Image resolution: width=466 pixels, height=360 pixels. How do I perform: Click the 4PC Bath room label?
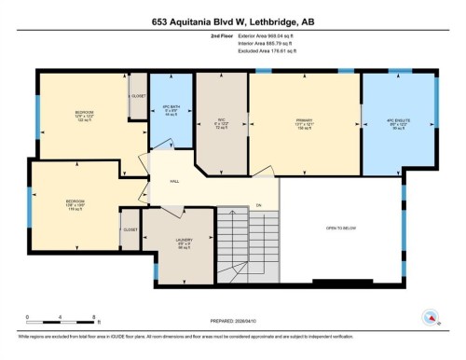pos(170,109)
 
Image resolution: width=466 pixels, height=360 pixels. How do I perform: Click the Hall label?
pos(173,181)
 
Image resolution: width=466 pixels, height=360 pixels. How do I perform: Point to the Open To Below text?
pos(342,228)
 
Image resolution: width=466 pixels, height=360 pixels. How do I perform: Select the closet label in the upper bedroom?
pos(138,95)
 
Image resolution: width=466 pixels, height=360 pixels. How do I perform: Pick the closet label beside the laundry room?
pos(130,229)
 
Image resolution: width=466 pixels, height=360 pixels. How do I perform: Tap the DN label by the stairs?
pos(259,204)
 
